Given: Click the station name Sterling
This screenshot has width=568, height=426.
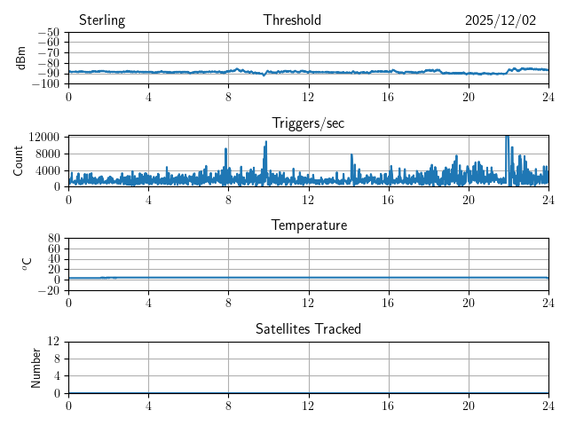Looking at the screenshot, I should (x=102, y=20).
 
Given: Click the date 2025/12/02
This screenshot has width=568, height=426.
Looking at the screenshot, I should (x=501, y=20).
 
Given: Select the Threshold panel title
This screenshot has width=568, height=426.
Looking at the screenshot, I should (x=292, y=20).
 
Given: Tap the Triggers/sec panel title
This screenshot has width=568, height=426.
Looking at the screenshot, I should (x=308, y=123).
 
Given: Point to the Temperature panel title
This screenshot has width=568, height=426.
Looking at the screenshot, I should (x=309, y=225).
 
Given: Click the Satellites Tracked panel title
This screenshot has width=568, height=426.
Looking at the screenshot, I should (x=308, y=329).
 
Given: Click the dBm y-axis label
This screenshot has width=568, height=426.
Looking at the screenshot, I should (x=21, y=58).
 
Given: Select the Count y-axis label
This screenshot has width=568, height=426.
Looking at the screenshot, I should (x=19, y=161).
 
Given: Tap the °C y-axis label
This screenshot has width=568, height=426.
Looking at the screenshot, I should (x=27, y=264).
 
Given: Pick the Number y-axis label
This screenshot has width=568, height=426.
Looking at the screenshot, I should (x=36, y=367).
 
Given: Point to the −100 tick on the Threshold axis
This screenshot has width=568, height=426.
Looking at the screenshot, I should (x=47, y=84).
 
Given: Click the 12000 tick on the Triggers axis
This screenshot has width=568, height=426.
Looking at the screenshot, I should (x=43, y=137).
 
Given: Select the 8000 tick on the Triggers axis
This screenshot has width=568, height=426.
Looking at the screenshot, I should (x=47, y=153).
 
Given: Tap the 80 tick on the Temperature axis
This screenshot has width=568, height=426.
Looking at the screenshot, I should (x=54, y=239).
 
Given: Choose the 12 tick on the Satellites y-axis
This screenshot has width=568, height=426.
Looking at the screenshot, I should (x=54, y=342).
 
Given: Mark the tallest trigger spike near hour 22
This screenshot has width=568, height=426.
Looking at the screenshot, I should (x=507, y=138).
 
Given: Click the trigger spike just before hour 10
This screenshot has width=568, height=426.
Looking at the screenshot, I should (x=265, y=143).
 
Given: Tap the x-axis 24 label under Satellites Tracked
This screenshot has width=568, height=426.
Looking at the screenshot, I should (x=548, y=405).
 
